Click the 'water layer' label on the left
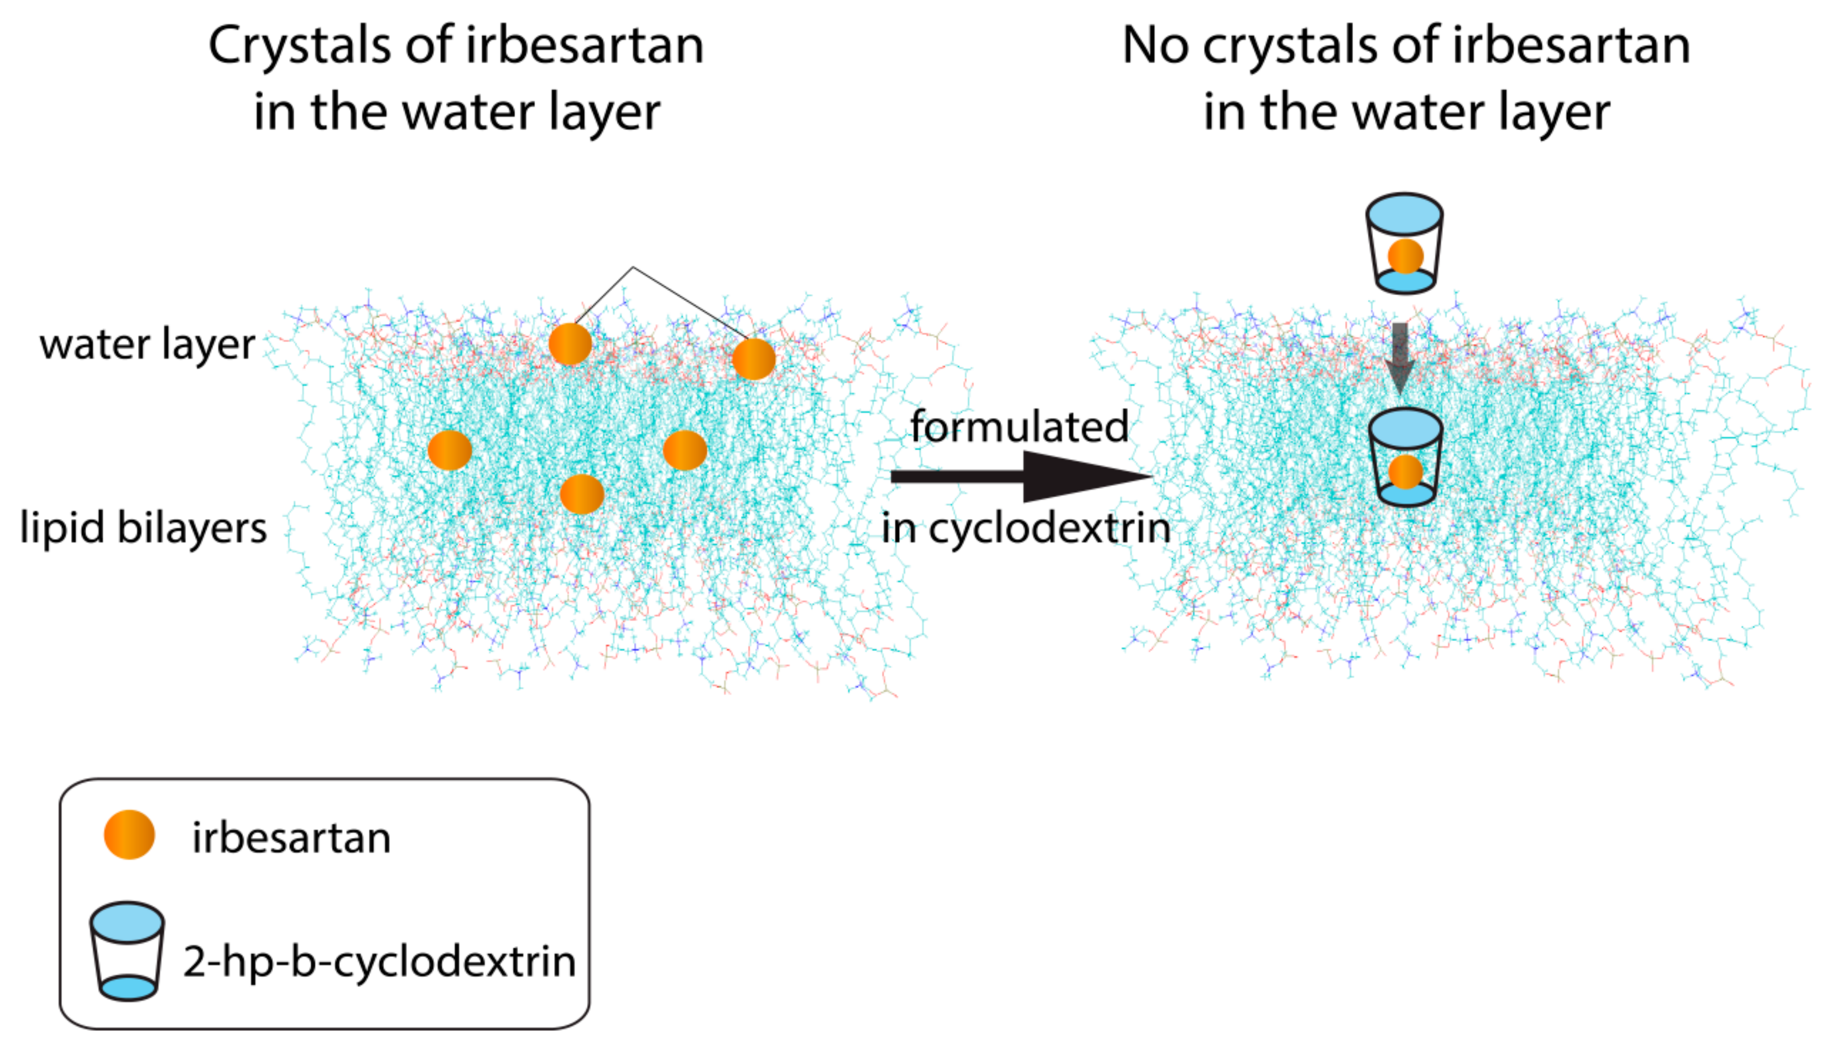[147, 344]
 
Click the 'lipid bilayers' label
[143, 528]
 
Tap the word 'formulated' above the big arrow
[1019, 427]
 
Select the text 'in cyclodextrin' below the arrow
[1025, 529]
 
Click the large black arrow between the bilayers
[1020, 476]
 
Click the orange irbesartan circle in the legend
[130, 835]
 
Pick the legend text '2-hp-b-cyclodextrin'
[379, 962]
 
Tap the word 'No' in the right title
[1155, 45]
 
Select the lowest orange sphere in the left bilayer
[582, 494]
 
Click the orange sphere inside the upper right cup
[1405, 256]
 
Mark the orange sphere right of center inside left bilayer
[685, 450]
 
